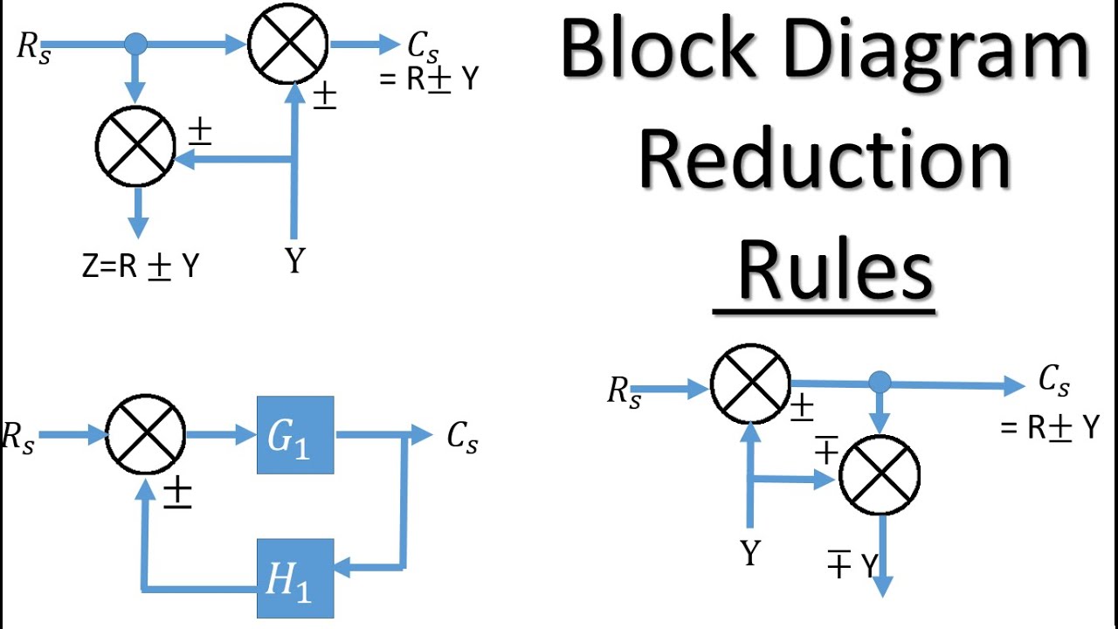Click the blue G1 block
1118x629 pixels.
[x=295, y=435]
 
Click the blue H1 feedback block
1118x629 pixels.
[x=295, y=577]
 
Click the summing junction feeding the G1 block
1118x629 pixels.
[x=146, y=434]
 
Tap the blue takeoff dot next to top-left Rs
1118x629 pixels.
[x=135, y=43]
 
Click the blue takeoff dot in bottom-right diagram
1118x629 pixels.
[x=880, y=382]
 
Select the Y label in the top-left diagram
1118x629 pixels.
[x=295, y=259]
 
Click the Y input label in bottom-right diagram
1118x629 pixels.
[x=750, y=553]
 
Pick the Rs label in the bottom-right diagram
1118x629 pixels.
[x=624, y=391]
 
